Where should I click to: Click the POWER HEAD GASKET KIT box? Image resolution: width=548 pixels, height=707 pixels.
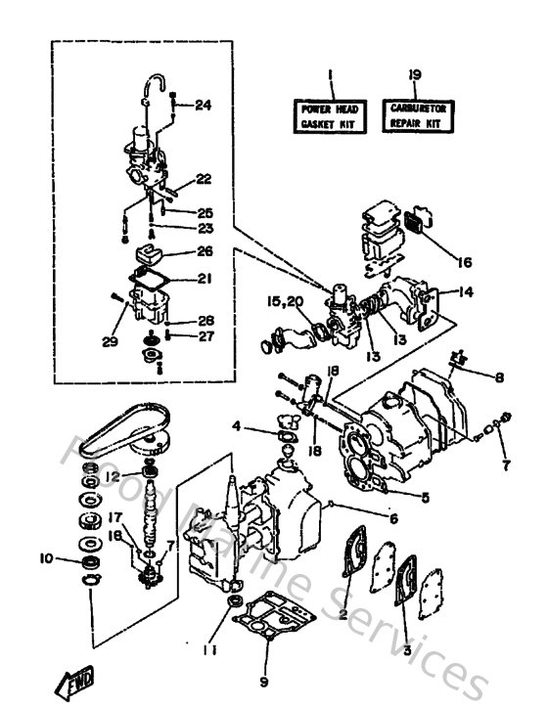tap(330, 116)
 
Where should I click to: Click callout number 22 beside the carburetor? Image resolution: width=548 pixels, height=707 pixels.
tap(203, 179)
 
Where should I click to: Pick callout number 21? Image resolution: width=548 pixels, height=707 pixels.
tap(204, 279)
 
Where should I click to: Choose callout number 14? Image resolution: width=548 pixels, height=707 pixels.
tap(465, 291)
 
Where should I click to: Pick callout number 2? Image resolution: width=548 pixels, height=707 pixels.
tap(343, 614)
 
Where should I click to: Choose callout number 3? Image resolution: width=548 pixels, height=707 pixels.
tap(406, 650)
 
